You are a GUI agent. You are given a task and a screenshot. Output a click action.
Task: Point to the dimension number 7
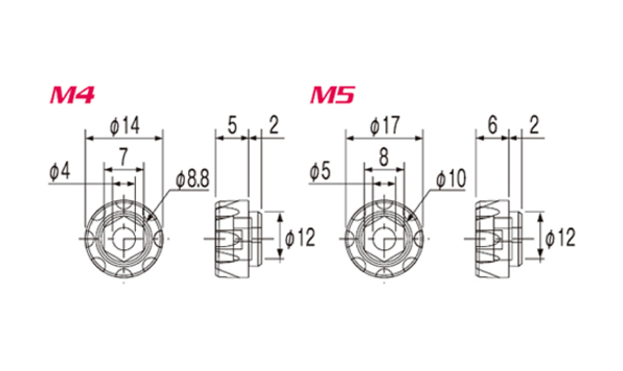click(124, 157)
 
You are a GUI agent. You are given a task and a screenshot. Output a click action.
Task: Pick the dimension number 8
click(384, 157)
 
